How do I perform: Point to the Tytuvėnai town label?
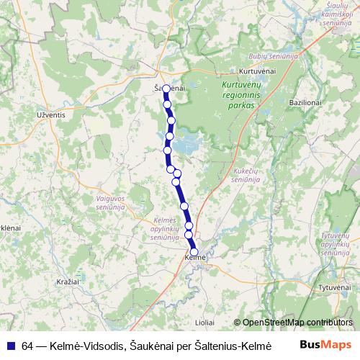point(333,287)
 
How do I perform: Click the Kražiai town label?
point(66,281)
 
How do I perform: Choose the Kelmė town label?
point(195,258)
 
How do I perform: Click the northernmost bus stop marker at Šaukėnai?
point(166,89)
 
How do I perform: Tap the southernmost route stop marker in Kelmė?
point(194,251)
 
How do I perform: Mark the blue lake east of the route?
point(186,145)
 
